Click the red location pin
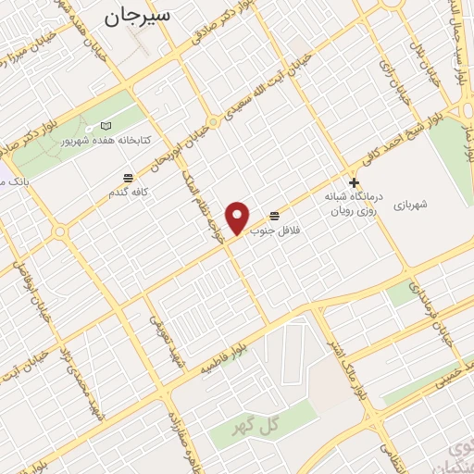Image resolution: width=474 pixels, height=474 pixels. (239, 218)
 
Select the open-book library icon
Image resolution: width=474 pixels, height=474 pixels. (105, 126)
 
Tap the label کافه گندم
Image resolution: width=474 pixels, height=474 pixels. (128, 192)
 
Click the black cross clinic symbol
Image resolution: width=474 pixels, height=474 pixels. (353, 183)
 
